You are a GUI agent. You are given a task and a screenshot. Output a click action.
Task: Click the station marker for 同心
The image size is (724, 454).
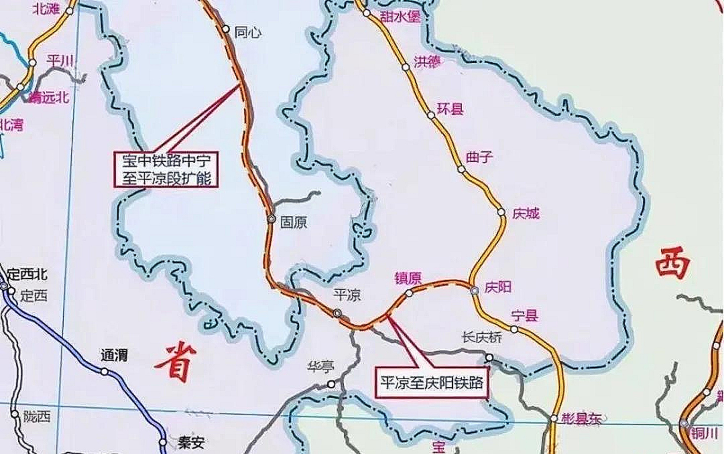click(226, 29)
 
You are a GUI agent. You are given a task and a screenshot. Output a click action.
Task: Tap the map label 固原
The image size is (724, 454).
click(294, 222)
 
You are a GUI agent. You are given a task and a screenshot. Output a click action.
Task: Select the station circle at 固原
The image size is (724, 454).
click(271, 219)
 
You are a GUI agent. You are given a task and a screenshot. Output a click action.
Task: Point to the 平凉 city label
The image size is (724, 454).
click(347, 295)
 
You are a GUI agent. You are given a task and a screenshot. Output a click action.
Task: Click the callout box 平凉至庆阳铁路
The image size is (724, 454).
click(432, 382)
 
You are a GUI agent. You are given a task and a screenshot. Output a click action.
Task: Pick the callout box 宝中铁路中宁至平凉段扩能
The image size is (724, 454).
click(167, 169)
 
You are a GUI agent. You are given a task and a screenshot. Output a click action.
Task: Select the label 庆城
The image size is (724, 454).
click(526, 214)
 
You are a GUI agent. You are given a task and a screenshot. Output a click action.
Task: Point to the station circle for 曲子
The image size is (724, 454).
click(461, 169)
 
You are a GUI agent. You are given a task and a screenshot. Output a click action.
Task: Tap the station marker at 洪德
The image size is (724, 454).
click(406, 67)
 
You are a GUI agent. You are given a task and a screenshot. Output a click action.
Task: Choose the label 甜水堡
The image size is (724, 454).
click(400, 16)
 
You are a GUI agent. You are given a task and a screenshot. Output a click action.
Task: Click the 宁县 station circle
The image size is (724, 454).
click(514, 329)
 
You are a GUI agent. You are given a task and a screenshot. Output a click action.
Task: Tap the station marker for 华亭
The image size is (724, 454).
click(331, 384)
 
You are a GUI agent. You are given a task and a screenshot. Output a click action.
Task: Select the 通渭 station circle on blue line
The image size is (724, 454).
click(104, 371)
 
